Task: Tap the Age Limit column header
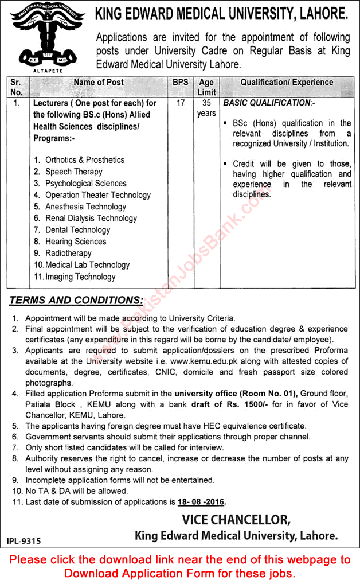click(206, 87)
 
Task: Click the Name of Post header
click(99, 83)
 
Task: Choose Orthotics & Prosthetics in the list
click(84, 160)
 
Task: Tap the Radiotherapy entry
click(68, 253)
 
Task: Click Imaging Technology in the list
click(80, 277)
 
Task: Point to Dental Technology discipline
click(77, 230)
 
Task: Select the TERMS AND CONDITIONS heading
click(76, 300)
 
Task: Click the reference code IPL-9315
click(24, 540)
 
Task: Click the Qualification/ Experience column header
click(287, 83)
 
